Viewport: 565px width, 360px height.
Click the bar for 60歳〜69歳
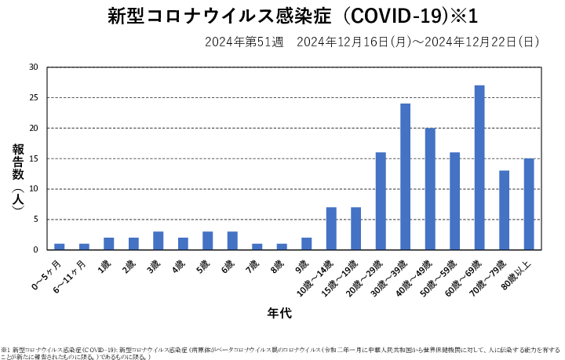point(479,167)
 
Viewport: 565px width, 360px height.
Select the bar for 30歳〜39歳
point(406,176)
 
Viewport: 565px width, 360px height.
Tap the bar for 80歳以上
point(529,204)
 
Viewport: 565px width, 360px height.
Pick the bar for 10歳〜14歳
point(331,228)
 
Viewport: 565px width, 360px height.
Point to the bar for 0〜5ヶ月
point(60,246)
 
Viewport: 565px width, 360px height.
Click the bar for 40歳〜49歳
point(430,188)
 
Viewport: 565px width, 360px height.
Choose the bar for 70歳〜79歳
point(505,210)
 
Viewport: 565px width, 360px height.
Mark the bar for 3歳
point(159,241)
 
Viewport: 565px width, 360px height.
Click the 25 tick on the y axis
point(33,98)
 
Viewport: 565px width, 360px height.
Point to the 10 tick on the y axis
point(33,189)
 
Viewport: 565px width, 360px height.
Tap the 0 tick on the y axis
point(35,249)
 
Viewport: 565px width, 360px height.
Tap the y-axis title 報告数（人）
point(17,176)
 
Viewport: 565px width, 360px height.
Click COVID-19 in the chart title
point(409,17)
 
